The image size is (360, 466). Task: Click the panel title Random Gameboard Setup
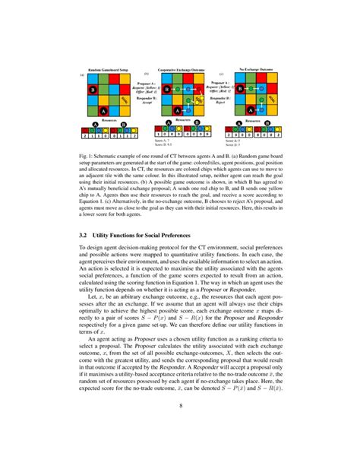pos(110,69)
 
